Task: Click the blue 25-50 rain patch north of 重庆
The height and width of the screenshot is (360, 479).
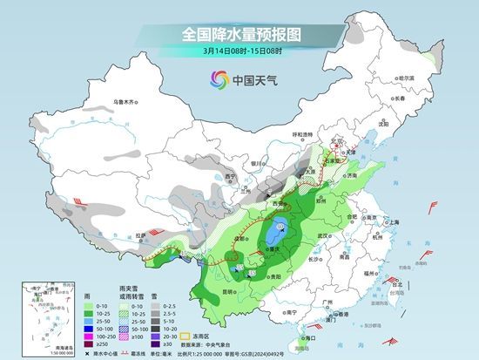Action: pos(276,234)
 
